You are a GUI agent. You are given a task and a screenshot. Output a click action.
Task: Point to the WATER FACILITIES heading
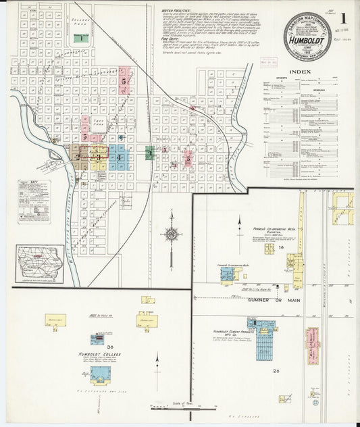(178, 11)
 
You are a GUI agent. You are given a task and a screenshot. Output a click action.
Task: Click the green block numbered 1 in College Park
(80, 38)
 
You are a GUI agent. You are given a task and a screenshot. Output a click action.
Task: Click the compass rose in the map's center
(172, 235)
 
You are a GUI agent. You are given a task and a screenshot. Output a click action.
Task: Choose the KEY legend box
(34, 201)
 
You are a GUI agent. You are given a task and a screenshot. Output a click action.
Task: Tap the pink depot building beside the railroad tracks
(312, 345)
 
